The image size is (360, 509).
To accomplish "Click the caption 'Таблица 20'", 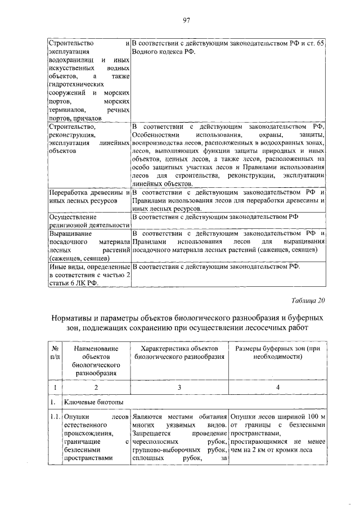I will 308,300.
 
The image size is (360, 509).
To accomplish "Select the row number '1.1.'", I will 54,417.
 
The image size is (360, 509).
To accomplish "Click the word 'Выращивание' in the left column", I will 71,233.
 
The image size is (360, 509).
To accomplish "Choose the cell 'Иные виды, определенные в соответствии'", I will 89,274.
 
